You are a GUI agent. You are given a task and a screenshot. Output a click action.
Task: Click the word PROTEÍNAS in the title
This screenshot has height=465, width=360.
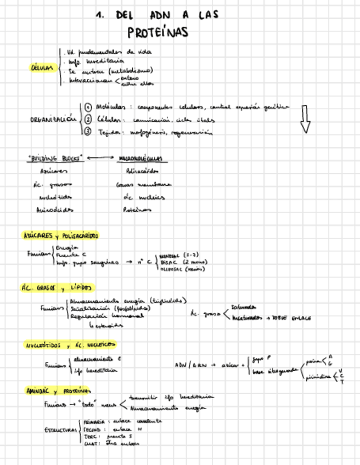157,32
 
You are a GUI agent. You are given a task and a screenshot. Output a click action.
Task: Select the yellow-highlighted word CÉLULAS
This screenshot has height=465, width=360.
42,68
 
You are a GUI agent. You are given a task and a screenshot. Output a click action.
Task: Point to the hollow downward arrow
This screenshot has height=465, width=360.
305,118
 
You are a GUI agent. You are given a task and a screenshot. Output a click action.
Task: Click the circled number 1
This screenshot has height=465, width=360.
88,107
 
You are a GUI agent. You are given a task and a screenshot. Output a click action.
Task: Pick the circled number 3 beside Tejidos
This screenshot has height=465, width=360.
88,132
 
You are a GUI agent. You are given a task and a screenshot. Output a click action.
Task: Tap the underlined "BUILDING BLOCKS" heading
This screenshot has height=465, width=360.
55,158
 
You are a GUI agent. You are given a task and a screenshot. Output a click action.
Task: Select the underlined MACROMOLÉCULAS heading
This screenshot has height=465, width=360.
140,158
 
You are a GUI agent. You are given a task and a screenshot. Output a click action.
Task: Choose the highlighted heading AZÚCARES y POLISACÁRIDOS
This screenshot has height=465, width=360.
60,236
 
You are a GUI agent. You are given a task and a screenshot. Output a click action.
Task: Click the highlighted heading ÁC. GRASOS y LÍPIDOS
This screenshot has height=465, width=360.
57,288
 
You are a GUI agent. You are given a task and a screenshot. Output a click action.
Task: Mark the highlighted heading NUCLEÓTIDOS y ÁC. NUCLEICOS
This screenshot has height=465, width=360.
69,345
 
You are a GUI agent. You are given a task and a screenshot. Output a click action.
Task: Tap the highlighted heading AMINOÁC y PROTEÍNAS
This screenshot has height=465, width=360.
58,391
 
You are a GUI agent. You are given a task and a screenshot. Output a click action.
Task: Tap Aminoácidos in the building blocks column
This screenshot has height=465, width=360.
54,209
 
